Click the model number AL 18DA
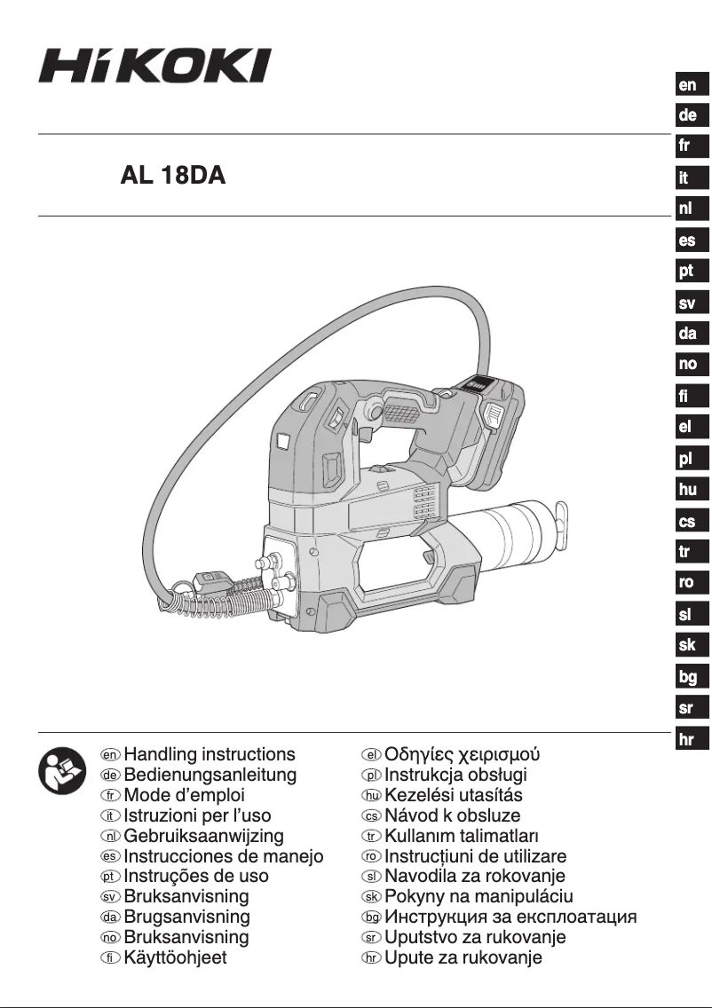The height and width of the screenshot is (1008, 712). (173, 176)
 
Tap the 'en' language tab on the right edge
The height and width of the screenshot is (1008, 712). (687, 85)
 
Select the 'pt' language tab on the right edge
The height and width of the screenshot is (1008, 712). (687, 272)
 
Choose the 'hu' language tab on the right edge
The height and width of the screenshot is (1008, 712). (687, 489)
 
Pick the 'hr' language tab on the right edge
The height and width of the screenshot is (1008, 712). (687, 740)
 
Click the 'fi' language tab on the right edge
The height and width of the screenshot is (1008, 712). (687, 396)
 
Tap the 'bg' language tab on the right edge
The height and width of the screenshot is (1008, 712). (687, 677)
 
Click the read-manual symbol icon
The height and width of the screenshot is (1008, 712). (61, 770)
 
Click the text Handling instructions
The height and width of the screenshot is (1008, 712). (210, 754)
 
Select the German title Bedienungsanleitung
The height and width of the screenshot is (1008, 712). (210, 775)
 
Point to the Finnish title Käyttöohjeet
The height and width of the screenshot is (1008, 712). (175, 957)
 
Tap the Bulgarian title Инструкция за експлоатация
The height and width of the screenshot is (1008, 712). (510, 917)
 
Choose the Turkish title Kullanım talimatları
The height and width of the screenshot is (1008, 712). (461, 836)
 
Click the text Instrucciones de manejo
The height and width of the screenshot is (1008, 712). (224, 856)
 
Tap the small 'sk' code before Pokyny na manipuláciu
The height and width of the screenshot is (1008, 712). (371, 897)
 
